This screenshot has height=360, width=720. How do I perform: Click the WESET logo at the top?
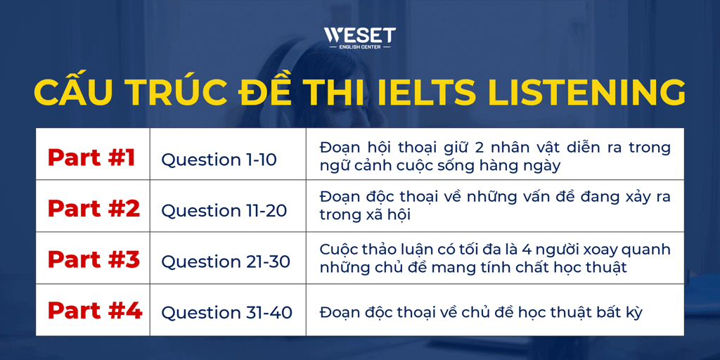[x=359, y=38]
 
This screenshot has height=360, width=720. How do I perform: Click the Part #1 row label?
[x=91, y=157]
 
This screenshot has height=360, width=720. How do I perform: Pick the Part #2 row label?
[x=94, y=209]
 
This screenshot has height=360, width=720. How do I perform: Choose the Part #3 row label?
[x=94, y=259]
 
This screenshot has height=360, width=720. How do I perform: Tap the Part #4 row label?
[x=94, y=310]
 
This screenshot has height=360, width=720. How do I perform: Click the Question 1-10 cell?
[x=219, y=160]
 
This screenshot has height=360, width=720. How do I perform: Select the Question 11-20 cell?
[x=224, y=211]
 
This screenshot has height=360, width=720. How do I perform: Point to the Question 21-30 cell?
[x=226, y=262]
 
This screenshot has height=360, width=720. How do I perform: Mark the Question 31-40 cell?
[x=226, y=312]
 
